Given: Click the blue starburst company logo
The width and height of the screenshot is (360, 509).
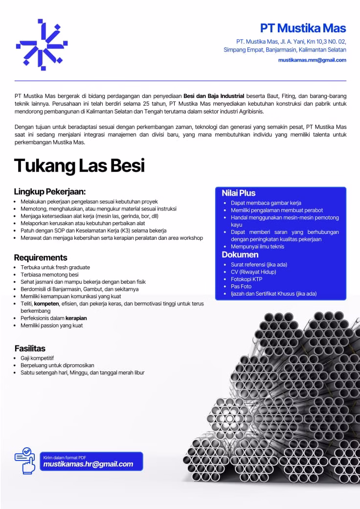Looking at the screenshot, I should point(42,45).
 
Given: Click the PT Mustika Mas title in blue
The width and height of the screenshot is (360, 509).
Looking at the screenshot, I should point(303,27).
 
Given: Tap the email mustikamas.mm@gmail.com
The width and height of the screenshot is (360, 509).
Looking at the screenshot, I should point(312,60).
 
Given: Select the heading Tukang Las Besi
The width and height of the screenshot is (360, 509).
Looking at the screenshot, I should point(79,165).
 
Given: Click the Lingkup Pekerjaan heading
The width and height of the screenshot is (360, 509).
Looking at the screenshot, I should point(50,191).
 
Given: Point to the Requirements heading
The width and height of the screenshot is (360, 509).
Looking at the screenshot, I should point(41,257).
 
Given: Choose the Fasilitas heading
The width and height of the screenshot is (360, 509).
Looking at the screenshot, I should point(30,348).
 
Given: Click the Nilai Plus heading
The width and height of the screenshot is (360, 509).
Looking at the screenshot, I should point(239,193).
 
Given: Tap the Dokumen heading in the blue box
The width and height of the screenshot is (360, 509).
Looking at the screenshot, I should point(240,254).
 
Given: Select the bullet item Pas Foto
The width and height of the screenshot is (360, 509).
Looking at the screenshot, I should point(241,286).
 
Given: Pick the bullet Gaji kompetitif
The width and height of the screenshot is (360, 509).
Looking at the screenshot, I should point(37,358).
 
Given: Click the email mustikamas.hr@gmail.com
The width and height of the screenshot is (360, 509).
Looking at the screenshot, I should point(89,464).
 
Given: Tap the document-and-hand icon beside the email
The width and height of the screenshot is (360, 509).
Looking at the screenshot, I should point(25,460).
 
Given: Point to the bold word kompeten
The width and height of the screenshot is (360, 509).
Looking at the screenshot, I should point(46,303).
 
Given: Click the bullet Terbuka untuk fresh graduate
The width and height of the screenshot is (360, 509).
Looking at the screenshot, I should point(55,267).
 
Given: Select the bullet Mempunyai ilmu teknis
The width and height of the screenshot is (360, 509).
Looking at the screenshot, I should point(257,246).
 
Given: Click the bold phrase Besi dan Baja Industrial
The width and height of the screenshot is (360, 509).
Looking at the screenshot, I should point(213,96).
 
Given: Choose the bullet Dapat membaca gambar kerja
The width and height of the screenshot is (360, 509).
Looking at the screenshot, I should point(266,203).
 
